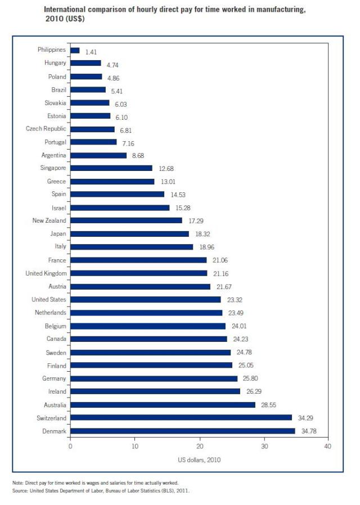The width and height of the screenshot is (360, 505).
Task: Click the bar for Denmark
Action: coord(182,431)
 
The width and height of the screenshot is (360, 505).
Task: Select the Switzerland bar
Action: coord(181,418)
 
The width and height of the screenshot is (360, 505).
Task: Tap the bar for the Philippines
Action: coord(75,51)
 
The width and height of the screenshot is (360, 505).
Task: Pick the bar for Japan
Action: coord(129,234)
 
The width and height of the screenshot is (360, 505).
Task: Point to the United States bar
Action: coord(146,300)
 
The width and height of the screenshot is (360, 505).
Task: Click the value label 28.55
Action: coord(269,405)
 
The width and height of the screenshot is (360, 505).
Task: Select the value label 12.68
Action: coord(167,168)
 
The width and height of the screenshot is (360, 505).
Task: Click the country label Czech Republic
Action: coord(46,129)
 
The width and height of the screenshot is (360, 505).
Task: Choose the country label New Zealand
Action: coord(49,220)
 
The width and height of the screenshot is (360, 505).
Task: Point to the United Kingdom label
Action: coord(46,273)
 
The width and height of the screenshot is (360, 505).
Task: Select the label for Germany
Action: coord(55,378)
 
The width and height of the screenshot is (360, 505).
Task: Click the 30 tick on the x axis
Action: coord(263,447)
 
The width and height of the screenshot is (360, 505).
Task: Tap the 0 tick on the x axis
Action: coord(70,447)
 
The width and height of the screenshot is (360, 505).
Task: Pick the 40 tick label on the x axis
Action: coord(327,447)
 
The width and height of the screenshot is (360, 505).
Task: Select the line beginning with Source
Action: coord(101,490)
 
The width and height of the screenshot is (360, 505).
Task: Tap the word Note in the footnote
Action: coord(17,483)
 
